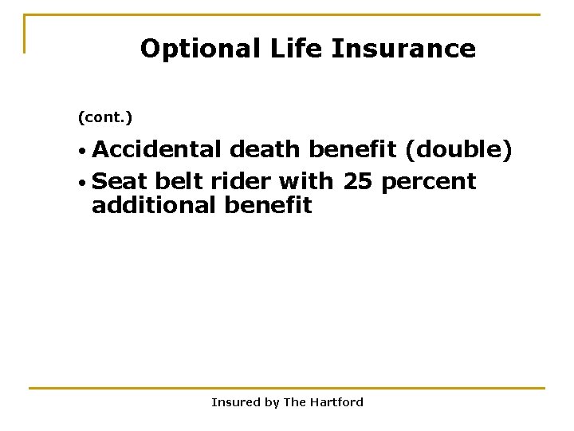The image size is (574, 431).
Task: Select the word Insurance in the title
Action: point(404,49)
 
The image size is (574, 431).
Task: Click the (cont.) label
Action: point(105,118)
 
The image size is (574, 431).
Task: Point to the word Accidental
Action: point(158,149)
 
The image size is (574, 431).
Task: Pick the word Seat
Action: point(120,181)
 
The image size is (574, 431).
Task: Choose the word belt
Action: point(180,181)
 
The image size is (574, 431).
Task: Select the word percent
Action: point(429,182)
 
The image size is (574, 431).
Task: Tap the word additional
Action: point(155,205)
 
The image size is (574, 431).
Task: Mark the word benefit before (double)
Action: point(354,149)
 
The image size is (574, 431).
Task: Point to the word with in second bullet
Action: point(307,181)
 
